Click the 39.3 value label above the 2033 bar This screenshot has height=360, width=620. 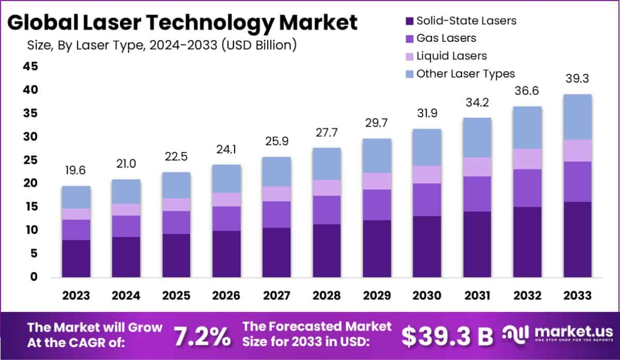coord(577,79)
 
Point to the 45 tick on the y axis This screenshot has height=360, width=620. coord(30,66)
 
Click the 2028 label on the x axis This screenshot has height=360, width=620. coord(327,295)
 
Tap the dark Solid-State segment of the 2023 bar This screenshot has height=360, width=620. coord(76,258)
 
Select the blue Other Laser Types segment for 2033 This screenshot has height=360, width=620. coord(577,117)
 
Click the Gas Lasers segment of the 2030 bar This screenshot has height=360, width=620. coord(427,199)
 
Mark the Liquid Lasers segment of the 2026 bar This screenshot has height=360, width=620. coord(226,199)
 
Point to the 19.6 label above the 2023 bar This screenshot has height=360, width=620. coord(76,169)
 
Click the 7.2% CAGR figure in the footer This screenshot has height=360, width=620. coord(202,336)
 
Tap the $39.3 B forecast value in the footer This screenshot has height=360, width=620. coord(447,336)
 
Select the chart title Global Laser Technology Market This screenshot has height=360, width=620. coord(182,22)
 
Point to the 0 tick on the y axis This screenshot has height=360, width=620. coord(34,277)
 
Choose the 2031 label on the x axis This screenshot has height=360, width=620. coord(477,295)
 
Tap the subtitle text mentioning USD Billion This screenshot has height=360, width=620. coord(162,45)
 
